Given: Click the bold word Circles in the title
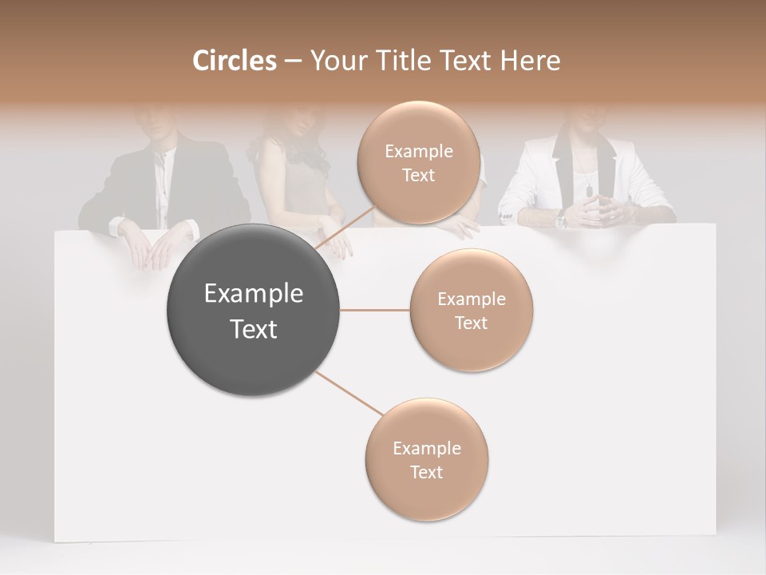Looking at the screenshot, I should click(235, 61).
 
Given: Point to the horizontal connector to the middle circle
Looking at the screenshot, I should click(375, 310).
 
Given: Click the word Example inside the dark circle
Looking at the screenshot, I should click(254, 294).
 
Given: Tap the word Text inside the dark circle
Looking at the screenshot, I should click(254, 329).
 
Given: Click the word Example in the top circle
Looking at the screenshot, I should click(418, 152).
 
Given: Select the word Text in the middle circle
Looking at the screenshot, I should click(471, 323).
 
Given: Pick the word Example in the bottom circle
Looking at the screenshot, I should click(426, 449).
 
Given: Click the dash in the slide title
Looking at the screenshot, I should click(292, 61).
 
